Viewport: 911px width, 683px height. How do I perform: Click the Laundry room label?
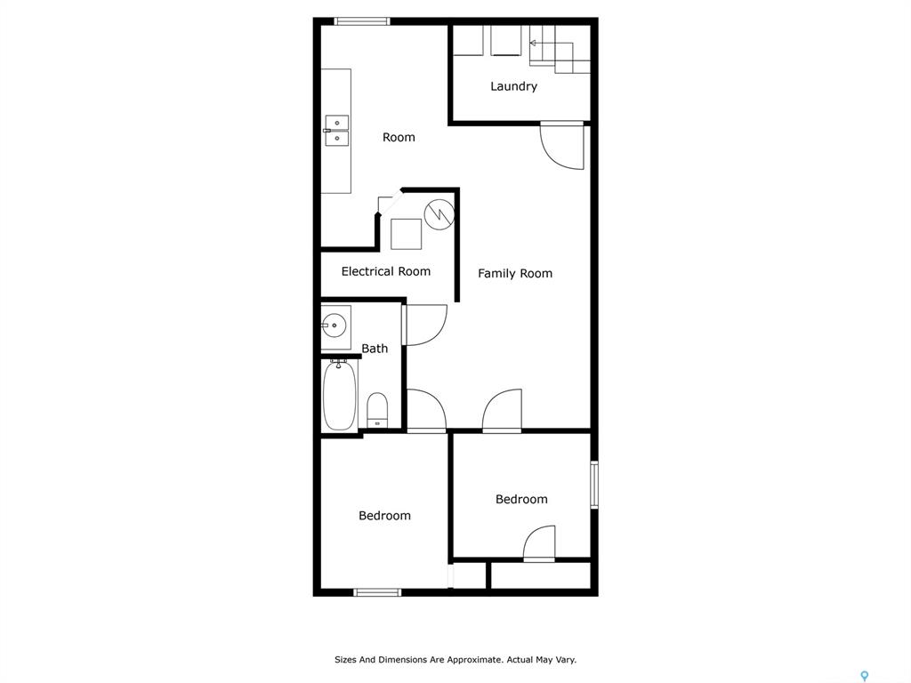[x=513, y=86]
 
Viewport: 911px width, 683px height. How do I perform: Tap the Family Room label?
[x=515, y=274]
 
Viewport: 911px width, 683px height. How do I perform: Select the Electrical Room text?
[x=386, y=271]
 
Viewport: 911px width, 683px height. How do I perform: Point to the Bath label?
[x=375, y=349]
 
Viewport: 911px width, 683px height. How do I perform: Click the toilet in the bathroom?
[x=377, y=410]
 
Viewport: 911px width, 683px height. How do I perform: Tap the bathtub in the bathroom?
[x=339, y=395]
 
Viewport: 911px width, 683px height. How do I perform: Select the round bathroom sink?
[x=335, y=325]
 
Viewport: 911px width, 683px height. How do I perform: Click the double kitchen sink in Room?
[x=336, y=131]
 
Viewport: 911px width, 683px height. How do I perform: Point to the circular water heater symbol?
[x=439, y=214]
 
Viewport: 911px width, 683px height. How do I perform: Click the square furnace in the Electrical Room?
[x=406, y=234]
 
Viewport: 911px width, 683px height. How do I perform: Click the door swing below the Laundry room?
[x=562, y=146]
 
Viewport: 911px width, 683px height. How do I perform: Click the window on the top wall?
[x=362, y=21]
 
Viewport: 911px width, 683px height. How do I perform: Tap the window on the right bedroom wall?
[x=594, y=485]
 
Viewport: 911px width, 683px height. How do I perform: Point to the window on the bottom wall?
[x=377, y=592]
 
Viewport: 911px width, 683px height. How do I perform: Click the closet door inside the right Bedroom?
[x=540, y=543]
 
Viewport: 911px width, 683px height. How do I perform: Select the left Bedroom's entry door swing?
[x=426, y=411]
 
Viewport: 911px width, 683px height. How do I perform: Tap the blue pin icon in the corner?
[x=865, y=676]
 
